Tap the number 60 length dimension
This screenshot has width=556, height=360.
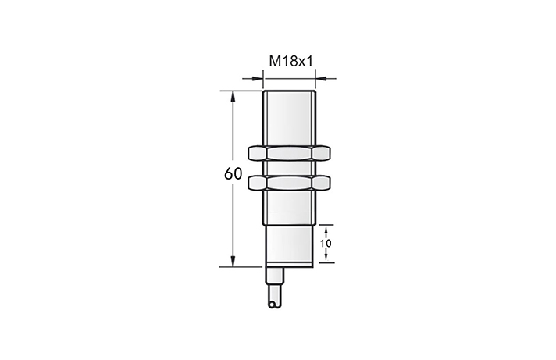coord(233,174)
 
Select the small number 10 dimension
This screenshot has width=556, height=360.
coord(326,244)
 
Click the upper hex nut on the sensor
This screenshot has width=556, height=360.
coord(290,152)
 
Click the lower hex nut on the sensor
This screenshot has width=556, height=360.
coord(290,183)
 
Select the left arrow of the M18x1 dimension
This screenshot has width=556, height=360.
coord(257,77)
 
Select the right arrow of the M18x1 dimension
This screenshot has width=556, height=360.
coord(322,77)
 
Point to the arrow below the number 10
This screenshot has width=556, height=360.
coord(326,258)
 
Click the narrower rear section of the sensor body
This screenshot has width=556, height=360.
coord(290,246)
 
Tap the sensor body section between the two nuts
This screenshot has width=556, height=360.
coord(290,168)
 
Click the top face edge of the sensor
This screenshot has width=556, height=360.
coord(290,92)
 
